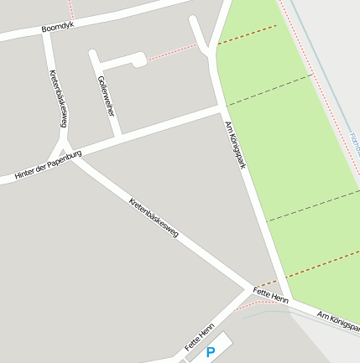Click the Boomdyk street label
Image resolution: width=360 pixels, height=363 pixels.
point(58,29)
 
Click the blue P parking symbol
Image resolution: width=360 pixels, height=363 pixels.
point(211,352)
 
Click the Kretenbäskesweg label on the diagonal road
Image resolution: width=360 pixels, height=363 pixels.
point(154,217)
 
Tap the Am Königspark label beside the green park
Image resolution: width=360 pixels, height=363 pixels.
point(235,145)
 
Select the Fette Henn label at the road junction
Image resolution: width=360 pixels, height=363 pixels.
point(270,296)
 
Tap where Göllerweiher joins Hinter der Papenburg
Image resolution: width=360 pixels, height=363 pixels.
point(118,134)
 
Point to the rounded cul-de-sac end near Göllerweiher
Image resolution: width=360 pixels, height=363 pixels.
point(138,59)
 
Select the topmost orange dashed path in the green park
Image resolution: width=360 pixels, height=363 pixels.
point(248,34)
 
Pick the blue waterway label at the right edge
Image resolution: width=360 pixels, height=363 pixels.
point(354,143)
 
